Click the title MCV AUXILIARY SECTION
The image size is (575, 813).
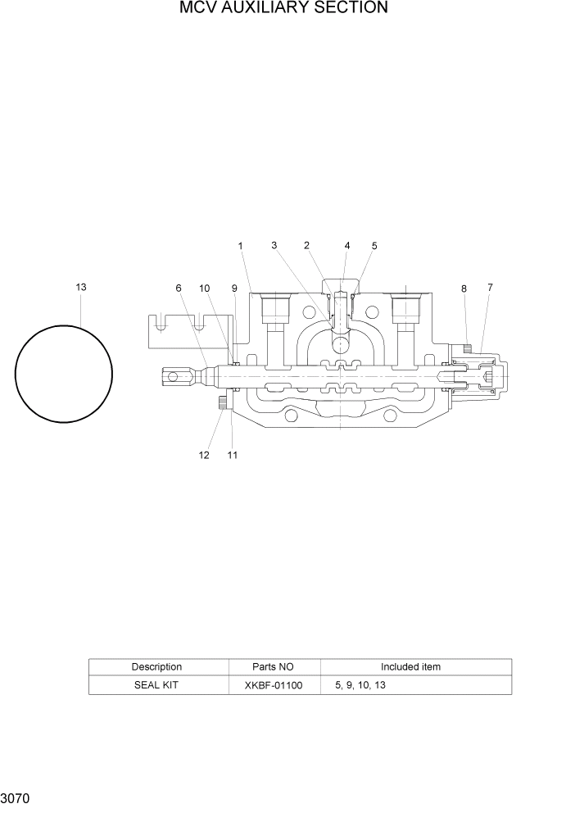pos(283,9)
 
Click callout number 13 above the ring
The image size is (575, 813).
pos(81,287)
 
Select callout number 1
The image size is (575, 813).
pos(241,245)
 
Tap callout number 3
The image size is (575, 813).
pos(274,245)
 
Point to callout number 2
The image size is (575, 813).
pos(306,245)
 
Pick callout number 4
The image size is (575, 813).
pos(347,245)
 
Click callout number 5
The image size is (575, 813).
pos(374,245)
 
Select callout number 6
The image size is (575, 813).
pos(178,288)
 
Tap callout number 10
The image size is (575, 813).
pos(205,288)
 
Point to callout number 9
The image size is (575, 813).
pos(234,288)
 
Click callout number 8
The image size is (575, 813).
pos(464,288)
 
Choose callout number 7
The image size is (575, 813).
pos(490,287)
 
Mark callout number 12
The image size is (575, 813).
pos(204,455)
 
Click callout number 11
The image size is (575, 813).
pos(233,455)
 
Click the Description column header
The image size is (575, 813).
pos(156,667)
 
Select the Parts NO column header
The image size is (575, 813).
pos(274,667)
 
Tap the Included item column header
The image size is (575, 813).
pos(410,667)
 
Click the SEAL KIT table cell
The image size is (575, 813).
pos(156,685)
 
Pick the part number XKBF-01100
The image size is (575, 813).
pos(274,685)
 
